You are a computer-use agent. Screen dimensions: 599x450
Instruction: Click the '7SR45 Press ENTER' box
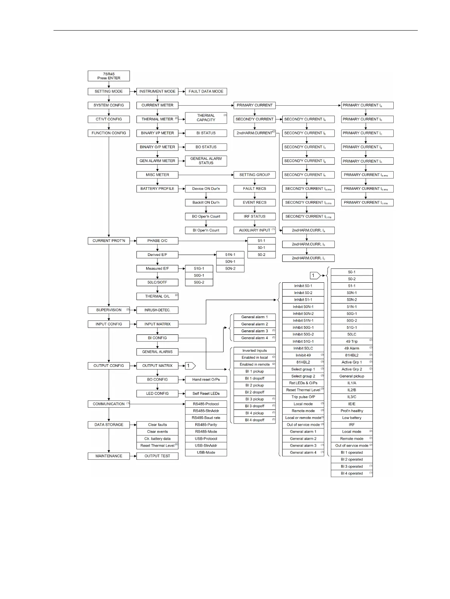108,76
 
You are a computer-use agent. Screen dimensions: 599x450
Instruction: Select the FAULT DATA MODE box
206,91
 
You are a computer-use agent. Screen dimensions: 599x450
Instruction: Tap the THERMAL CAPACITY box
206,118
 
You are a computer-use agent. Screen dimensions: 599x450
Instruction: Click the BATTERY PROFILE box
157,189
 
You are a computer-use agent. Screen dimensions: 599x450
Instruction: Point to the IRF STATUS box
254,217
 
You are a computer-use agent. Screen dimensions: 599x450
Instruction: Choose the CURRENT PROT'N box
108,241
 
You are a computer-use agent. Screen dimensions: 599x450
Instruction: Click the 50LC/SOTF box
157,282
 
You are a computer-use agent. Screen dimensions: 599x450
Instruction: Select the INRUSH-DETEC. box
157,310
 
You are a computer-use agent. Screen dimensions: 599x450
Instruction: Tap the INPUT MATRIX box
157,324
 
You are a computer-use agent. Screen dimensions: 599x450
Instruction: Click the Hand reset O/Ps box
206,380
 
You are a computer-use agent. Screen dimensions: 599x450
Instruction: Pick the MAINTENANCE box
108,456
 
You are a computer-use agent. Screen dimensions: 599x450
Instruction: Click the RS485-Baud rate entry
206,418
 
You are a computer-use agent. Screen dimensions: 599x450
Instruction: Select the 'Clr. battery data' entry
157,439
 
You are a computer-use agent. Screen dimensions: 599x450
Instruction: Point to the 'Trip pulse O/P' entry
303,397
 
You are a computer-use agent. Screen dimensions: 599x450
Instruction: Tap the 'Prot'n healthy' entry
352,411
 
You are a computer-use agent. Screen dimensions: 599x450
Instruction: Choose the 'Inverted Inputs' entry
254,351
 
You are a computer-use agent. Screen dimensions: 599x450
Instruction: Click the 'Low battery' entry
352,418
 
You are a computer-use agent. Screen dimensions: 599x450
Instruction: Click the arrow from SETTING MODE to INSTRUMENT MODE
133,91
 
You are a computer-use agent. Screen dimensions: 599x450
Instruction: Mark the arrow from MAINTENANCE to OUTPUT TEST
133,456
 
